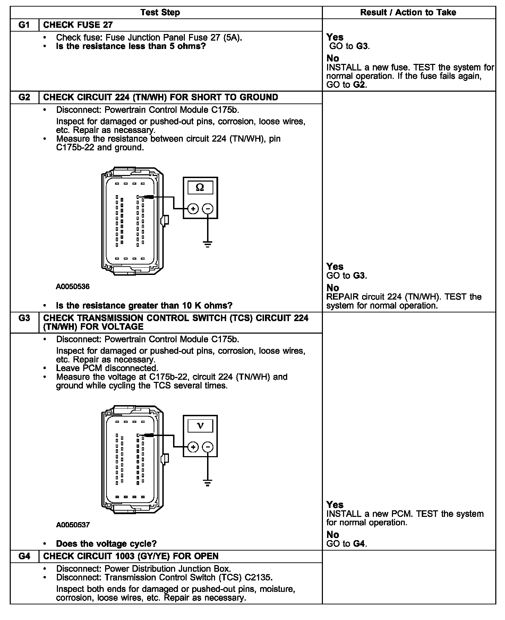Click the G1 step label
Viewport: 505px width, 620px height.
(24, 25)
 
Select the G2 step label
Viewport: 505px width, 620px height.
(24, 97)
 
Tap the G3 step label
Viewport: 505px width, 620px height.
(24, 318)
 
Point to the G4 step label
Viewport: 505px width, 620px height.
(24, 556)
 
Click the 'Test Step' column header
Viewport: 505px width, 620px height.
(160, 12)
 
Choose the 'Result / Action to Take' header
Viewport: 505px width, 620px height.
(408, 12)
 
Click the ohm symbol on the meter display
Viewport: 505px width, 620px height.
(200, 187)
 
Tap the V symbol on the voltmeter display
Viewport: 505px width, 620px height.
(200, 426)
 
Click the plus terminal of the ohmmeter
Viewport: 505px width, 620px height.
(193, 209)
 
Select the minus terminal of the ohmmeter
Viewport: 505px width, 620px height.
(208, 209)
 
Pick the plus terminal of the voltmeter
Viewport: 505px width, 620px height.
(193, 447)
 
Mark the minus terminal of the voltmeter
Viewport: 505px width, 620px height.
(208, 447)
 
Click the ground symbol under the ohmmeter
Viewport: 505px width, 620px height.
(208, 244)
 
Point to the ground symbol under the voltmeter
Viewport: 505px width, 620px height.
(208, 483)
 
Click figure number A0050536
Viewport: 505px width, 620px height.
(73, 287)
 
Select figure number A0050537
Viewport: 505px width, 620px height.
(73, 525)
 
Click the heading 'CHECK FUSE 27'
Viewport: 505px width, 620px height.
(78, 25)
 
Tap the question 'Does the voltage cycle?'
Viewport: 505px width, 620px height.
(106, 544)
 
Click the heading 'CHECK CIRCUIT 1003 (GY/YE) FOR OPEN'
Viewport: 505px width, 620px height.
(131, 556)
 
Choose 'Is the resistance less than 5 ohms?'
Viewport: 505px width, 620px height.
(131, 46)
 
